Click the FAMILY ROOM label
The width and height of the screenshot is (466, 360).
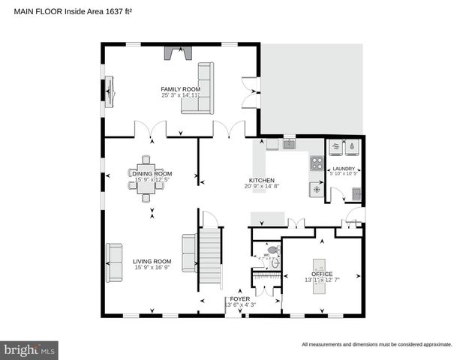point(180,88)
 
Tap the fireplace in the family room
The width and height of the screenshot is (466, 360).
point(178,52)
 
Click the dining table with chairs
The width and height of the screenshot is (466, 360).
point(148,178)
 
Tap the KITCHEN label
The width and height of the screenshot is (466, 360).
point(262,181)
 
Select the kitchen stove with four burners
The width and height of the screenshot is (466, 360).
point(317,163)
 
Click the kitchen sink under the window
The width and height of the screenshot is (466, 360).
point(290,144)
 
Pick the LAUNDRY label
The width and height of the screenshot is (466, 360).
point(344,169)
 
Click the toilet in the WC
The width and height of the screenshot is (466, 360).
point(273,250)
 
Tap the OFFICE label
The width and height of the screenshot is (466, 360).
point(322,274)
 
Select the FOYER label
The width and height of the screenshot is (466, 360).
point(240,298)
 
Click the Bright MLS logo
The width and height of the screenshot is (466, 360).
point(29,349)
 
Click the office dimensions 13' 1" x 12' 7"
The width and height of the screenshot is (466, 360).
point(322,280)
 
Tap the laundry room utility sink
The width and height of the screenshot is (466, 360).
point(356,193)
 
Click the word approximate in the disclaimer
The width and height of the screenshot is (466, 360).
point(435,345)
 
